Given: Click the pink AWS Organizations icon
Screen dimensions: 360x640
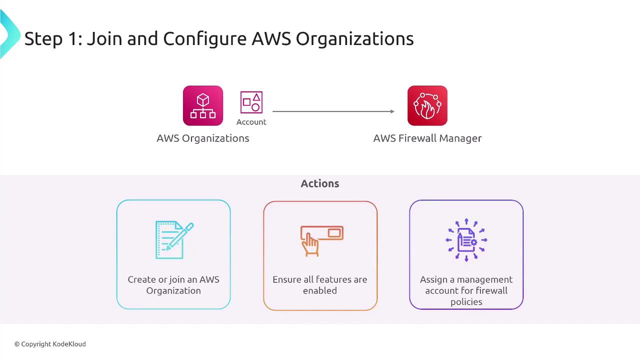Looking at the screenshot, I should (x=202, y=105).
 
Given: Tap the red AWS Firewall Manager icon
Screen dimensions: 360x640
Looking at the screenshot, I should (x=427, y=105).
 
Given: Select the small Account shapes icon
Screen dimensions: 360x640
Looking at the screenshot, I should (x=251, y=102).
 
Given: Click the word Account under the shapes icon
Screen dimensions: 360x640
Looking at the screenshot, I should (x=251, y=122).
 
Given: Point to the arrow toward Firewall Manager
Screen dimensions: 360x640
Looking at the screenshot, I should (x=333, y=111).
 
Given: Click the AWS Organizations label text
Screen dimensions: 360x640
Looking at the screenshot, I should (x=202, y=138).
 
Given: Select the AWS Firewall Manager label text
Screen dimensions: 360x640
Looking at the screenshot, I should (x=427, y=138).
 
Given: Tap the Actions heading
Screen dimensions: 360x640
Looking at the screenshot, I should (x=319, y=183).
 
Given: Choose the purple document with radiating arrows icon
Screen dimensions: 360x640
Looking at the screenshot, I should (x=466, y=240).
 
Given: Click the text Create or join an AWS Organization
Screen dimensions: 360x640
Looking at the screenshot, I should (x=173, y=285).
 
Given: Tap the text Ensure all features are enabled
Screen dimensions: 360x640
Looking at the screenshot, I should (x=319, y=285).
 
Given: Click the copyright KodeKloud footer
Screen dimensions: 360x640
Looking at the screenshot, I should (x=50, y=344).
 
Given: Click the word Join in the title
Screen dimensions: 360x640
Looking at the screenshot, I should (x=104, y=38).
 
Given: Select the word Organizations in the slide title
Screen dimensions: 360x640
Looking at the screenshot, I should (x=354, y=38).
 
